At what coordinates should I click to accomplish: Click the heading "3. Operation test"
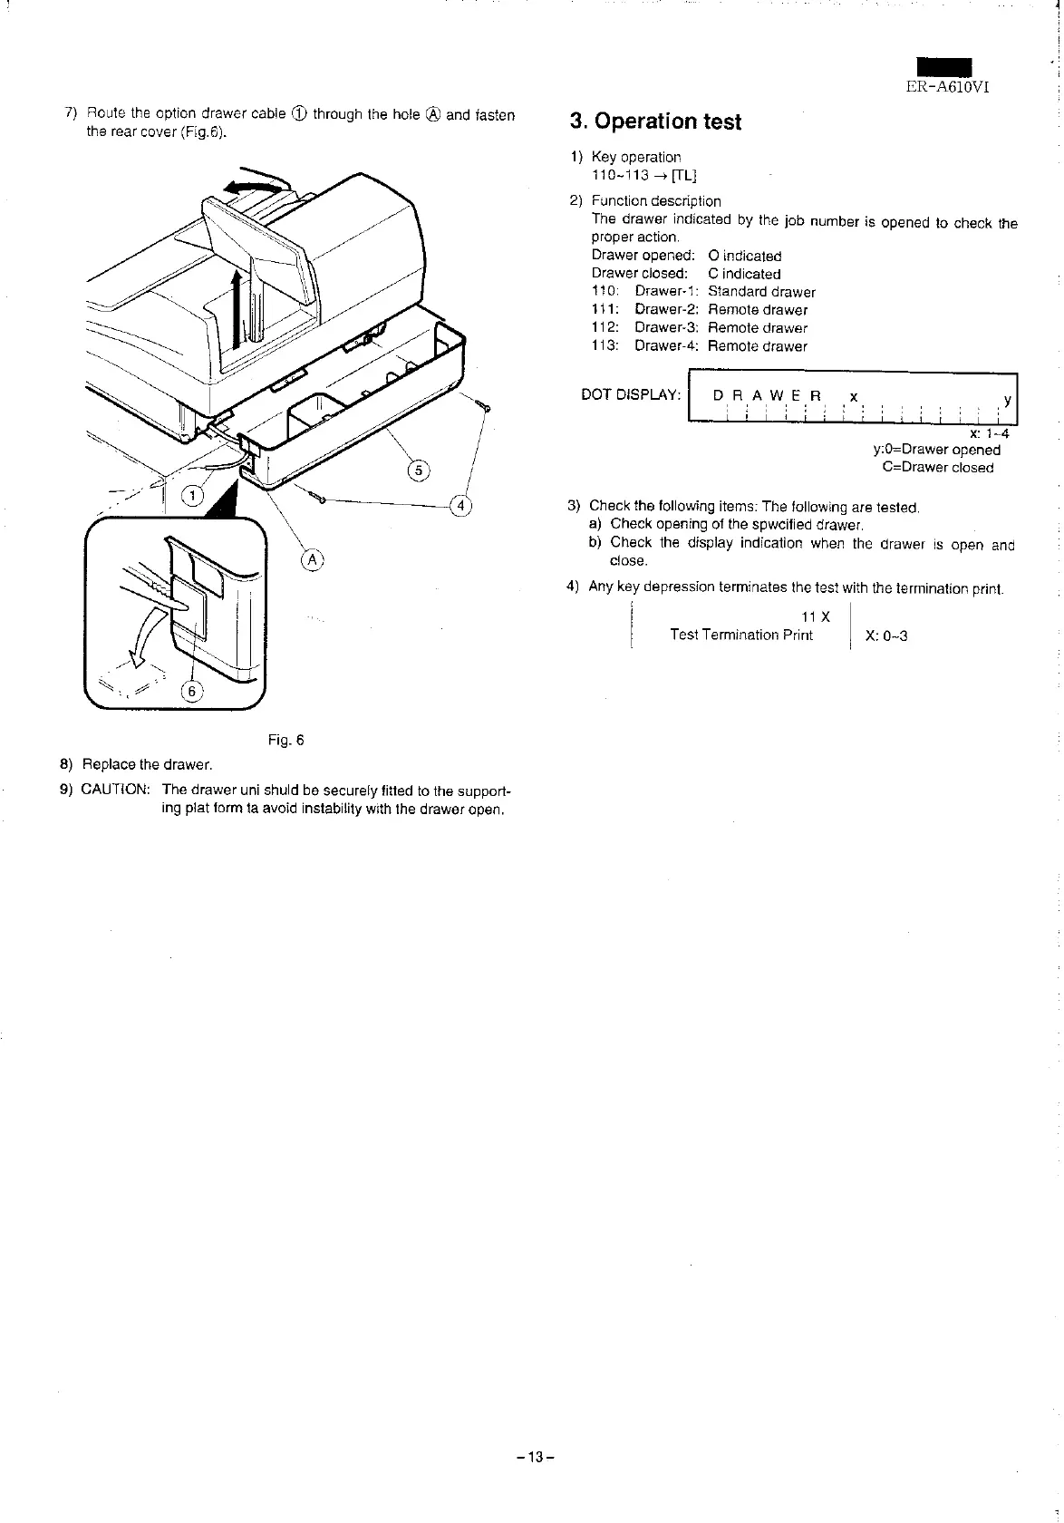coord(655,121)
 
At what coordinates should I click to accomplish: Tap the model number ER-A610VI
coord(948,87)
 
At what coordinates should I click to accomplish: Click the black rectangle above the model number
coord(943,67)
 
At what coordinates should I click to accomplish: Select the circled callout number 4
coord(461,505)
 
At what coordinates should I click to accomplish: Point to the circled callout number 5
coord(418,470)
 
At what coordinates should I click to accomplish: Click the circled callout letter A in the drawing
coord(312,559)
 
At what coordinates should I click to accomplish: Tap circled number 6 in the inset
coord(191,691)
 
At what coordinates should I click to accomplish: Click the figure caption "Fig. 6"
coord(285,740)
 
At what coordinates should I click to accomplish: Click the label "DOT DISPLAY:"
coord(631,394)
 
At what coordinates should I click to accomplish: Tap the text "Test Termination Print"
coord(740,635)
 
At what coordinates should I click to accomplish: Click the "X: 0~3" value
coord(886,635)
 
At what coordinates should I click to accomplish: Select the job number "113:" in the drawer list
coord(605,345)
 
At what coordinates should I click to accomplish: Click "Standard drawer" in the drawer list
coord(761,292)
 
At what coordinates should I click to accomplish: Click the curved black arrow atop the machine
coord(256,181)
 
